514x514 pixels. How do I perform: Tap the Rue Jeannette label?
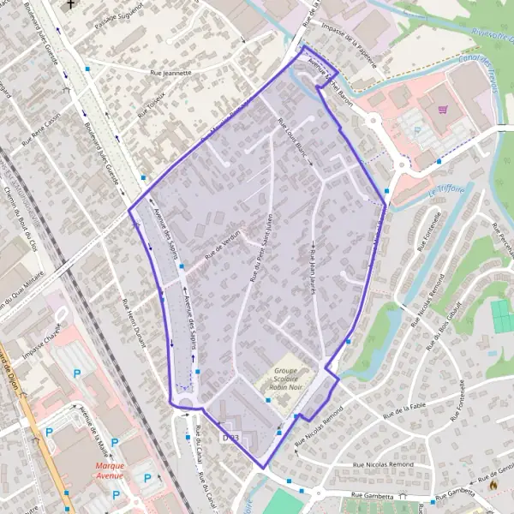[170, 74]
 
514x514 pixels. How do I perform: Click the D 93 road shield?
[229, 438]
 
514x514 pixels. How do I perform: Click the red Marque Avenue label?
[110, 470]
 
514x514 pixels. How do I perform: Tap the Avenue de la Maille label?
[92, 429]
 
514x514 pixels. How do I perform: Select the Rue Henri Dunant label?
[134, 326]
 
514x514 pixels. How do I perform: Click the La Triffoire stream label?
[445, 191]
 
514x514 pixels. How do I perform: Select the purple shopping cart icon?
[443, 109]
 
